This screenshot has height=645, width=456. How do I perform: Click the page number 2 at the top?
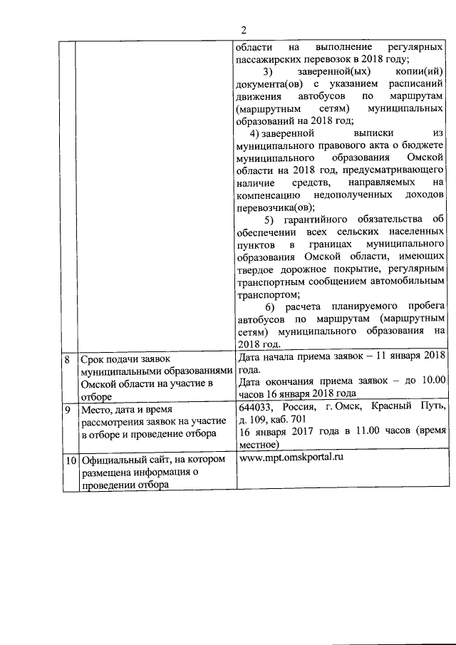point(243,30)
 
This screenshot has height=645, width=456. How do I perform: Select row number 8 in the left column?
point(67,360)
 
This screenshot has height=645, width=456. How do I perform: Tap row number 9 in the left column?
point(67,411)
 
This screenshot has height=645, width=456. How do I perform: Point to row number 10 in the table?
point(68,459)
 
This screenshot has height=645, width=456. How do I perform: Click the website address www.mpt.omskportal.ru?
point(291,457)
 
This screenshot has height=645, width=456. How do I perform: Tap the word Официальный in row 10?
point(114,459)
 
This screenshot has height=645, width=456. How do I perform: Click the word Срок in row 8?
point(92,360)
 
